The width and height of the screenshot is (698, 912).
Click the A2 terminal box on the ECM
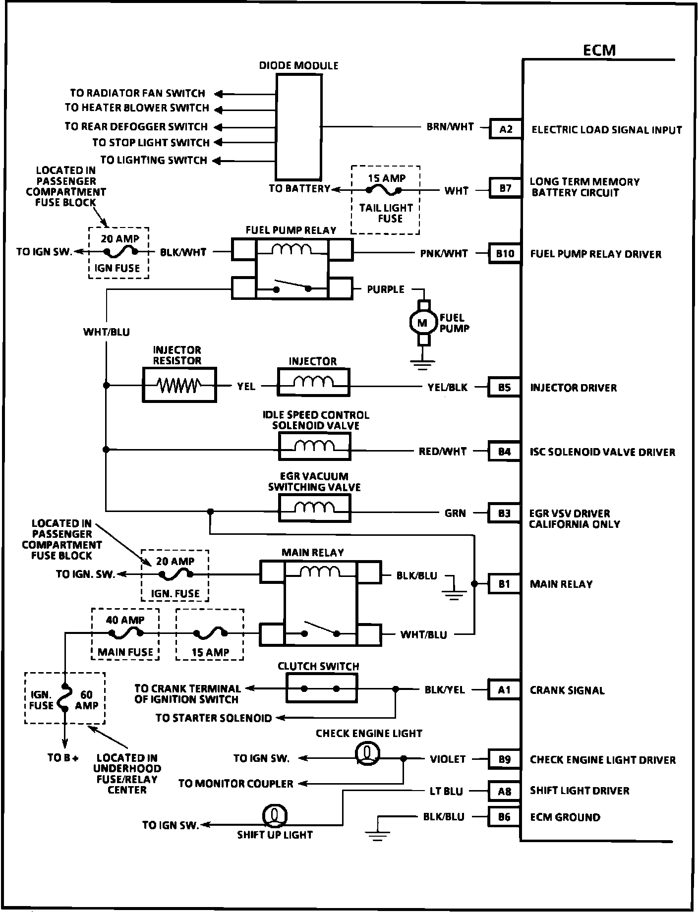tap(505, 129)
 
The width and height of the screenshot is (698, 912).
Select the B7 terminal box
tap(505, 188)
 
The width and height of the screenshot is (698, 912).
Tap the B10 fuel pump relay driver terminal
tap(505, 254)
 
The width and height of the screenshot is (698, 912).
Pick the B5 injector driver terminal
tap(504, 388)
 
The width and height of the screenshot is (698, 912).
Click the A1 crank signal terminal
tap(504, 690)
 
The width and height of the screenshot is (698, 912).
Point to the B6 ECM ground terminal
tap(504, 817)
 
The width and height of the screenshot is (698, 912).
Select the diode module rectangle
tap(298, 127)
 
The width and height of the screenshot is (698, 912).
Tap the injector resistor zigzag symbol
tap(179, 385)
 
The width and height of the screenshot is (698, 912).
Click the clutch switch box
tap(321, 689)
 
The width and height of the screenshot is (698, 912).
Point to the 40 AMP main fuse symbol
tap(126, 632)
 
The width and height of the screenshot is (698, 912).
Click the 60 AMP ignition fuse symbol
tap(64, 698)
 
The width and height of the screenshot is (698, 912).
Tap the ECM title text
tap(599, 50)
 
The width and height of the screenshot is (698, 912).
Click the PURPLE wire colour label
tap(385, 289)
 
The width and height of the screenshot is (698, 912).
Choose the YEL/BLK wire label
tap(447, 387)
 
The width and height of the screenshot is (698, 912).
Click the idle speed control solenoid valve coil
tap(314, 447)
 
